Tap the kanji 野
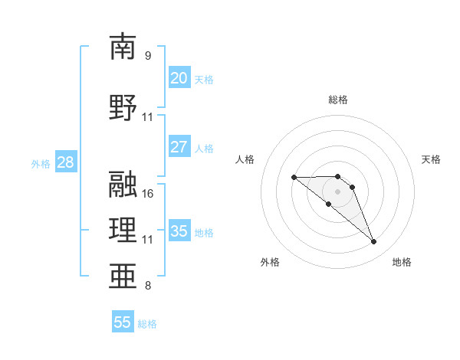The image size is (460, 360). (123, 107)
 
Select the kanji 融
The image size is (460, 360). (123, 183)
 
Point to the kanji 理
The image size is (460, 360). (123, 230)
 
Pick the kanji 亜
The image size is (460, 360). (123, 277)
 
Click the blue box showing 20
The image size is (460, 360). (179, 78)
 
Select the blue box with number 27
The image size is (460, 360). (179, 147)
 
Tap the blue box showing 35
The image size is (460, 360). (179, 231)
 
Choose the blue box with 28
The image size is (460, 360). (64, 162)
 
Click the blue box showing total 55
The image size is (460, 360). (123, 322)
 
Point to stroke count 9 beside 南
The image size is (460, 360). (147, 56)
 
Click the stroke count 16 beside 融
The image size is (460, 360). (148, 193)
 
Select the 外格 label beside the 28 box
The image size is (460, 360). (40, 163)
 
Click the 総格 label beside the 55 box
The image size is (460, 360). (147, 324)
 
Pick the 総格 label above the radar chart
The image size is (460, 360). (338, 100)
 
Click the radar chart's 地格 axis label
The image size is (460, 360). (402, 262)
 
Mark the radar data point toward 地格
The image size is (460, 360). (374, 242)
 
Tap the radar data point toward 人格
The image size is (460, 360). (294, 178)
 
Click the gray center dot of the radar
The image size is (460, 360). (338, 191)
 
